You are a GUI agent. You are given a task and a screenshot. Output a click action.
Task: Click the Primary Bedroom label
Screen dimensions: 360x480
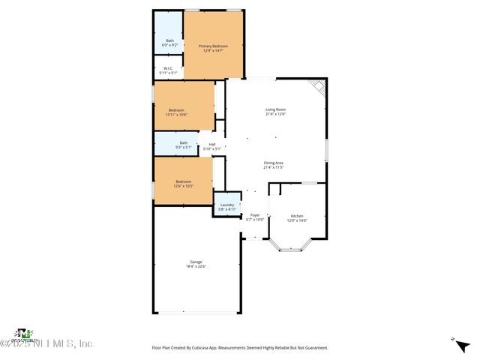click(x=213, y=46)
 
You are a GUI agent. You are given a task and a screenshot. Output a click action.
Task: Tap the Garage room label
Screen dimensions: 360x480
click(x=195, y=262)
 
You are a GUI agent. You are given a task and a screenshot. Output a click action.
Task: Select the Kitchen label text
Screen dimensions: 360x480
click(x=297, y=216)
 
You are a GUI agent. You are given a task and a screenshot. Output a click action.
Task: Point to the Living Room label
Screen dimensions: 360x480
click(x=275, y=109)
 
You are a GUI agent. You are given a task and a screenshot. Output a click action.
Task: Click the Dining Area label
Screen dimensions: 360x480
click(x=273, y=163)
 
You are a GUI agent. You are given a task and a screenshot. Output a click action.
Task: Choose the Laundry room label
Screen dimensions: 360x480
click(x=226, y=205)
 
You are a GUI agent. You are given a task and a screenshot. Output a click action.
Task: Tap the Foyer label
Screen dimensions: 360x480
click(x=255, y=215)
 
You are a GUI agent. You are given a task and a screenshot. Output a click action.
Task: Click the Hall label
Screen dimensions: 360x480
click(x=212, y=144)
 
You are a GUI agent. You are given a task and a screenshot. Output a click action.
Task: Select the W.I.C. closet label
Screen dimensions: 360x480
click(x=169, y=68)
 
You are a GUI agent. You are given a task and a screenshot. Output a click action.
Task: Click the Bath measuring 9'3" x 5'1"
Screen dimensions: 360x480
click(x=184, y=143)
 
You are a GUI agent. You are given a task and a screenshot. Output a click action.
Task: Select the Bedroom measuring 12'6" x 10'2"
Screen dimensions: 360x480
click(x=184, y=181)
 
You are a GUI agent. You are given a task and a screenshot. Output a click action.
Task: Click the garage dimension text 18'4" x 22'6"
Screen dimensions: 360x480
click(x=196, y=266)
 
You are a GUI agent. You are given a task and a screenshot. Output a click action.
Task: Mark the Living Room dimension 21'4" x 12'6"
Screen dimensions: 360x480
click(x=275, y=114)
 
